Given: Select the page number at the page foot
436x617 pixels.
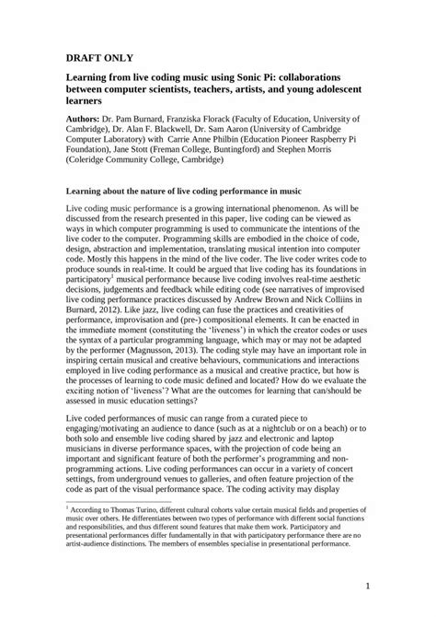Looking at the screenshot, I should coord(365,585).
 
